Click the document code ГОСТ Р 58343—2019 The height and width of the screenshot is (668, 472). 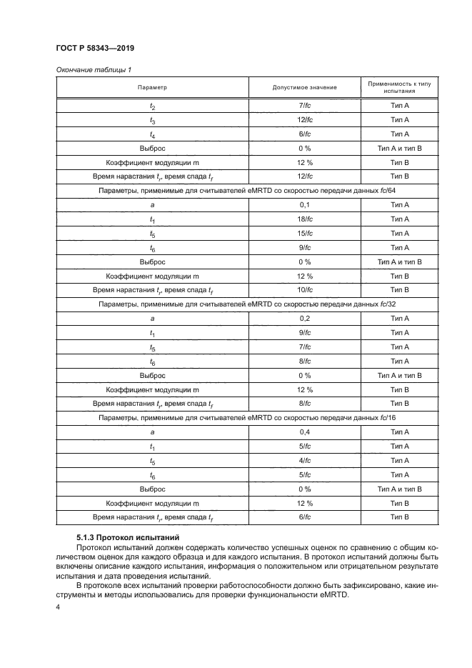point(94,49)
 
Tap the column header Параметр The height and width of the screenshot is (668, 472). point(152,87)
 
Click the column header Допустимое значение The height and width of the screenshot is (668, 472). point(305,87)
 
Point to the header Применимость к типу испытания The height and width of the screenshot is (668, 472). point(399,87)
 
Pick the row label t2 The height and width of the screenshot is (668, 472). point(152,106)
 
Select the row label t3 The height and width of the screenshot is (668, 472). point(152,120)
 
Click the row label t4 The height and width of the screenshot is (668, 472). point(152,134)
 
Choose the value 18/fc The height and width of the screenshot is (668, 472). point(305,219)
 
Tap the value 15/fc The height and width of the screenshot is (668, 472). point(305,234)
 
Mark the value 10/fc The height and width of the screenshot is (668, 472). point(305,290)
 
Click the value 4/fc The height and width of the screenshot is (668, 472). point(305,461)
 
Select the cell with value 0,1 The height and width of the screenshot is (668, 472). point(305,205)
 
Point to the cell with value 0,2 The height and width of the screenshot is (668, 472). point(305,319)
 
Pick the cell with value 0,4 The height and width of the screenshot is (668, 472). point(305,432)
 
